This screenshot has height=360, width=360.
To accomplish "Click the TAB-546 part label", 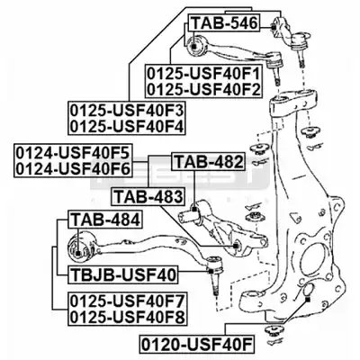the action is pyautogui.click(x=224, y=23).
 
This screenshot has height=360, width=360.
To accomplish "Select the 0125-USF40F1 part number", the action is pyautogui.click(x=203, y=74).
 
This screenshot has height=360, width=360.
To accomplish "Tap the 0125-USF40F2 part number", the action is pyautogui.click(x=203, y=90).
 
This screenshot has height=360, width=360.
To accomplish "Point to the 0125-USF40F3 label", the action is pyautogui.click(x=127, y=110).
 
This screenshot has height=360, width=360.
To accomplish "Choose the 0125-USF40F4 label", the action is pyautogui.click(x=127, y=126).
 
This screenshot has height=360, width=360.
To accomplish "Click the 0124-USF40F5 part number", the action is pyautogui.click(x=73, y=153).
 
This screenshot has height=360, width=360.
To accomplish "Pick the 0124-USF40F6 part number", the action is pyautogui.click(x=73, y=169).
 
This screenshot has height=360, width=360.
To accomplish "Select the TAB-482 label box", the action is pyautogui.click(x=209, y=162).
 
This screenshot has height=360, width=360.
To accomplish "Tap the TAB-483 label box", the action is pyautogui.click(x=148, y=197).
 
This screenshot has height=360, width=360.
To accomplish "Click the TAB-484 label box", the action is pyautogui.click(x=105, y=220).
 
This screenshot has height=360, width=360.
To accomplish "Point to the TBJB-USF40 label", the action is pyautogui.click(x=123, y=274).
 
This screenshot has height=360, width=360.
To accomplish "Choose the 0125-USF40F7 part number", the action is pyautogui.click(x=127, y=301).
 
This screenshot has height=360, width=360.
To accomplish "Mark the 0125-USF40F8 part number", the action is pyautogui.click(x=127, y=317).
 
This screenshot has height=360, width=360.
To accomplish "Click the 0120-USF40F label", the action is pyautogui.click(x=196, y=344).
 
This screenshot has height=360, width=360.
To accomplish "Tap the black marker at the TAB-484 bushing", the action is pyautogui.click(x=78, y=254).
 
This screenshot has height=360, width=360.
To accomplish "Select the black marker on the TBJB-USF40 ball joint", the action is pyautogui.click(x=211, y=272).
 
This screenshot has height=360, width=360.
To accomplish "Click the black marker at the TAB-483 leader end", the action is pyautogui.click(x=236, y=246).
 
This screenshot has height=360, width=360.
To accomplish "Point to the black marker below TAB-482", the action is pyautogui.click(x=195, y=209).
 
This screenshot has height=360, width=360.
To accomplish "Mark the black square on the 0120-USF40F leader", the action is pyautogui.click(x=308, y=300).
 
